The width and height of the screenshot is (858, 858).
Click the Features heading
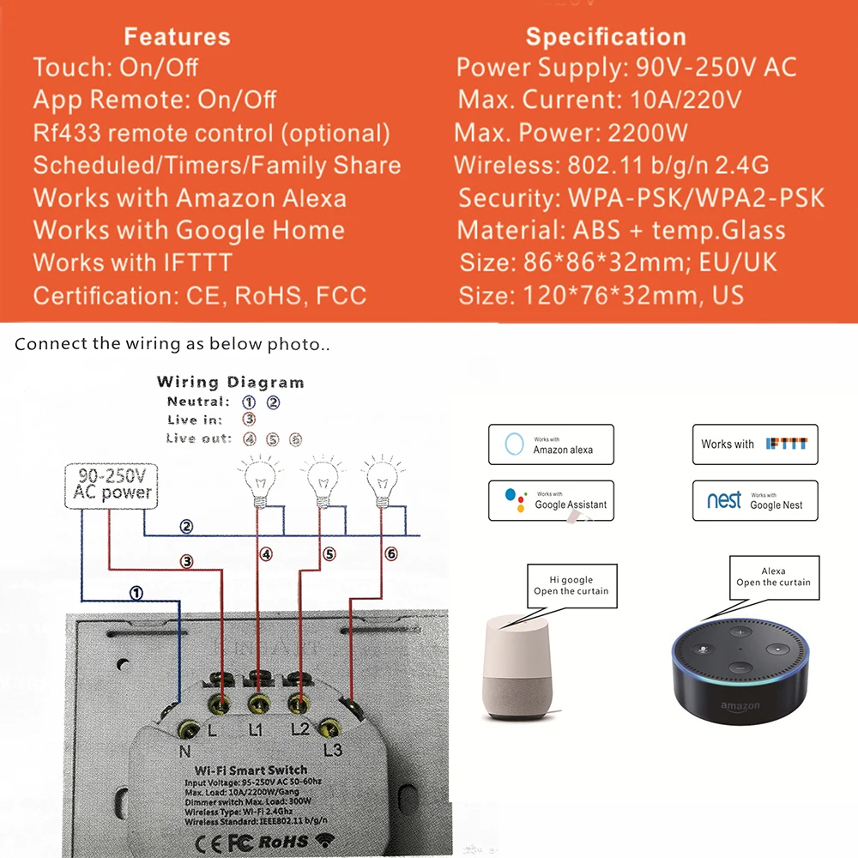pyautogui.click(x=177, y=37)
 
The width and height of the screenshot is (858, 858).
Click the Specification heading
pyautogui.click(x=606, y=37)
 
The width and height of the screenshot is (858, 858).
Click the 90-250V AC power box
pyautogui.click(x=112, y=485)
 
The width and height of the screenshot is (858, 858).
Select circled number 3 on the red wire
pyautogui.click(x=186, y=562)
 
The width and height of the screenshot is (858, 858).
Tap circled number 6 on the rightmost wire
pyautogui.click(x=390, y=554)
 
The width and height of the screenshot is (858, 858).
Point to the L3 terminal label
pyautogui.click(x=335, y=749)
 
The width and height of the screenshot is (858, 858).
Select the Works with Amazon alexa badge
pyautogui.click(x=551, y=444)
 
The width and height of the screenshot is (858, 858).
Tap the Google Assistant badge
pyautogui.click(x=551, y=500)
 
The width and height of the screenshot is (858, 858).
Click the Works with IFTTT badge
pyautogui.click(x=755, y=444)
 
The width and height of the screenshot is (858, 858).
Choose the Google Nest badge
pyautogui.click(x=755, y=500)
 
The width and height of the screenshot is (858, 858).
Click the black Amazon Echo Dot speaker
pyautogui.click(x=740, y=669)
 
